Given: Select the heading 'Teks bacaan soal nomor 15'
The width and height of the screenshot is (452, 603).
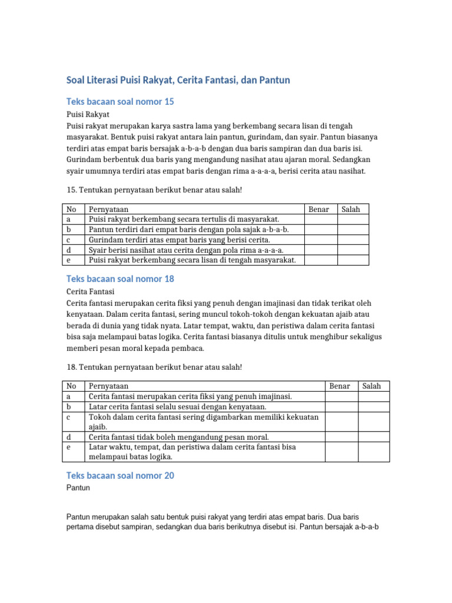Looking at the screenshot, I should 120,102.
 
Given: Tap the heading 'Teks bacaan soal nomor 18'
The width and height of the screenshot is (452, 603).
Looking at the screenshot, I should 120,279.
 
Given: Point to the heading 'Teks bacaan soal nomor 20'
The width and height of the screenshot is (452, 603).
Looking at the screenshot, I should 120,475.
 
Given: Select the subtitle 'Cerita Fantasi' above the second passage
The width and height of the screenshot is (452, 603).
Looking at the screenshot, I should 90,291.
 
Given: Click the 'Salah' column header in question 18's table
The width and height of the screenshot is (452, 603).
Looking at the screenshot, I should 371,386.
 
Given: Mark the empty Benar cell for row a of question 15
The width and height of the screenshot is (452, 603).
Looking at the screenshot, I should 321,219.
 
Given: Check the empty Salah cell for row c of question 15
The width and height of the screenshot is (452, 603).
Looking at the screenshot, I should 353,240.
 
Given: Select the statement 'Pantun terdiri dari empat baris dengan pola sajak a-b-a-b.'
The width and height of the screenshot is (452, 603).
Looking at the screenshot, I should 188,230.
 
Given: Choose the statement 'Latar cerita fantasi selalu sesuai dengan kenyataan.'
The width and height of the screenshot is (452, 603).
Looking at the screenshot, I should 177,407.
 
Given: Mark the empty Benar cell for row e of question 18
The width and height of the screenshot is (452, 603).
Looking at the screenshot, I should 341,452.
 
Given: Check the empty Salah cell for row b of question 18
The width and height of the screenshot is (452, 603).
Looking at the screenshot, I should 374,407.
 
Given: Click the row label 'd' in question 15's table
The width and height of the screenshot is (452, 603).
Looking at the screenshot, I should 69,250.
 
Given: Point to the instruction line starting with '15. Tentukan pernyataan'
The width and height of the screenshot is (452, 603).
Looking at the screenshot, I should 155,190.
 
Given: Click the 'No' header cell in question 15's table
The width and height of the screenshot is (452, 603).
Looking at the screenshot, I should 72,209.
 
